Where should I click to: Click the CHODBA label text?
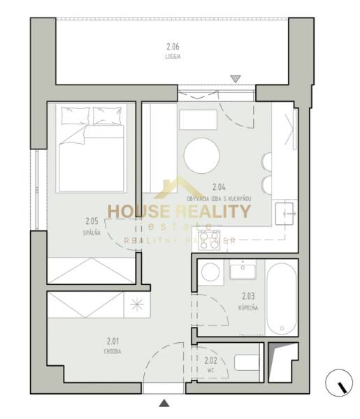[x=113, y=351]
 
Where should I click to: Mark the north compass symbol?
[x=340, y=383]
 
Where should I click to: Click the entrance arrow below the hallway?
[x=164, y=403]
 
